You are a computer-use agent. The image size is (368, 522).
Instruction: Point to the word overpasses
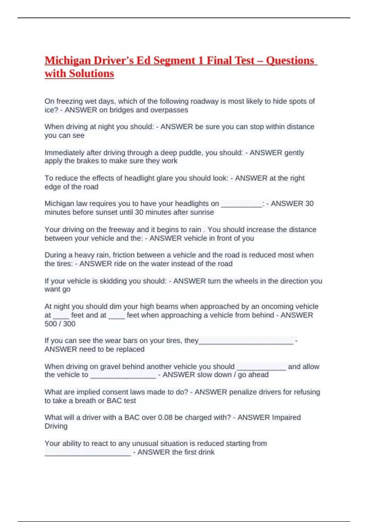[171, 110]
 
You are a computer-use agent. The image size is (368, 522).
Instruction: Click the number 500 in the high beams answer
[51, 324]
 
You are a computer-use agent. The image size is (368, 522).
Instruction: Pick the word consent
[113, 392]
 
